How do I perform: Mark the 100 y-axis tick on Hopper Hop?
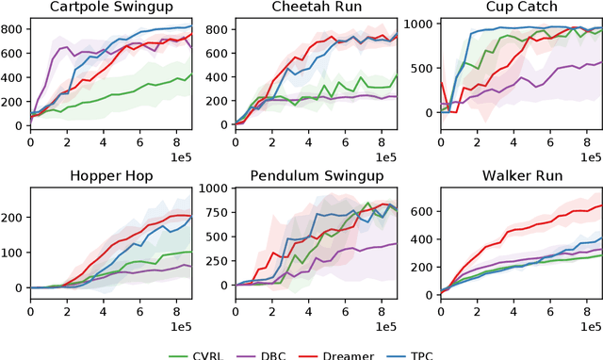[13, 252]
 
